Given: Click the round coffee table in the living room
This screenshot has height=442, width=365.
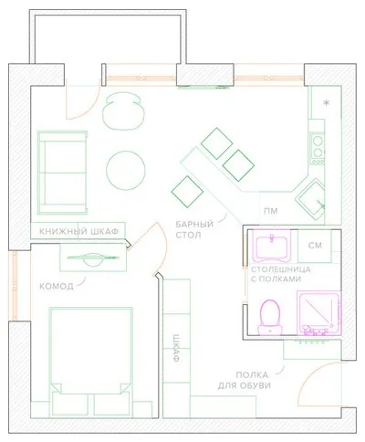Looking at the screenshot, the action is coord(126,171).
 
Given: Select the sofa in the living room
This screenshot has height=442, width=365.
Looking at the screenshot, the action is coord(62,173).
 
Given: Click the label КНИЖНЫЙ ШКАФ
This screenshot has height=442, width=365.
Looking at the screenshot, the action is coord(78,232).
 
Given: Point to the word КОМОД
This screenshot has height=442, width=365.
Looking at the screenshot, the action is coord(57,286).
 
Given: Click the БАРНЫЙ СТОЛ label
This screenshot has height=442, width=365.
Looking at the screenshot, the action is coord(194,230).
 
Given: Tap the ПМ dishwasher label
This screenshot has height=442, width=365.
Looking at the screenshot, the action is coord(271,211).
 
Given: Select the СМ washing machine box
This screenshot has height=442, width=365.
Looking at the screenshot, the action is coord(315,246).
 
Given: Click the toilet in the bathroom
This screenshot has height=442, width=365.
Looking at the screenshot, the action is coord(270,317).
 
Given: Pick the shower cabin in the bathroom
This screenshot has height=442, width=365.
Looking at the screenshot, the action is coord(318,313).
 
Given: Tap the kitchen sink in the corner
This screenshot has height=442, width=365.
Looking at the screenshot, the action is coord(310,200).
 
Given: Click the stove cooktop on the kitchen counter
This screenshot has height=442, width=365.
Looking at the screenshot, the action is coord(318,148).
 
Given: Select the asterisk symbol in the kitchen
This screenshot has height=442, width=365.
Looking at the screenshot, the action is coord(327,103).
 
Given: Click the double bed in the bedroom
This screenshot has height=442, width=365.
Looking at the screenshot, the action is coord(91,362).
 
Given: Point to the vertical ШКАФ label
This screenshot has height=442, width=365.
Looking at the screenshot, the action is coord(176,348).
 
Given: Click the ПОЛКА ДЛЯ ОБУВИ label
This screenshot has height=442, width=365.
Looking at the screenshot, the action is coord(245,380).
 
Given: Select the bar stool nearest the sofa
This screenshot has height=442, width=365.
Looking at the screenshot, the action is coord(187,192).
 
